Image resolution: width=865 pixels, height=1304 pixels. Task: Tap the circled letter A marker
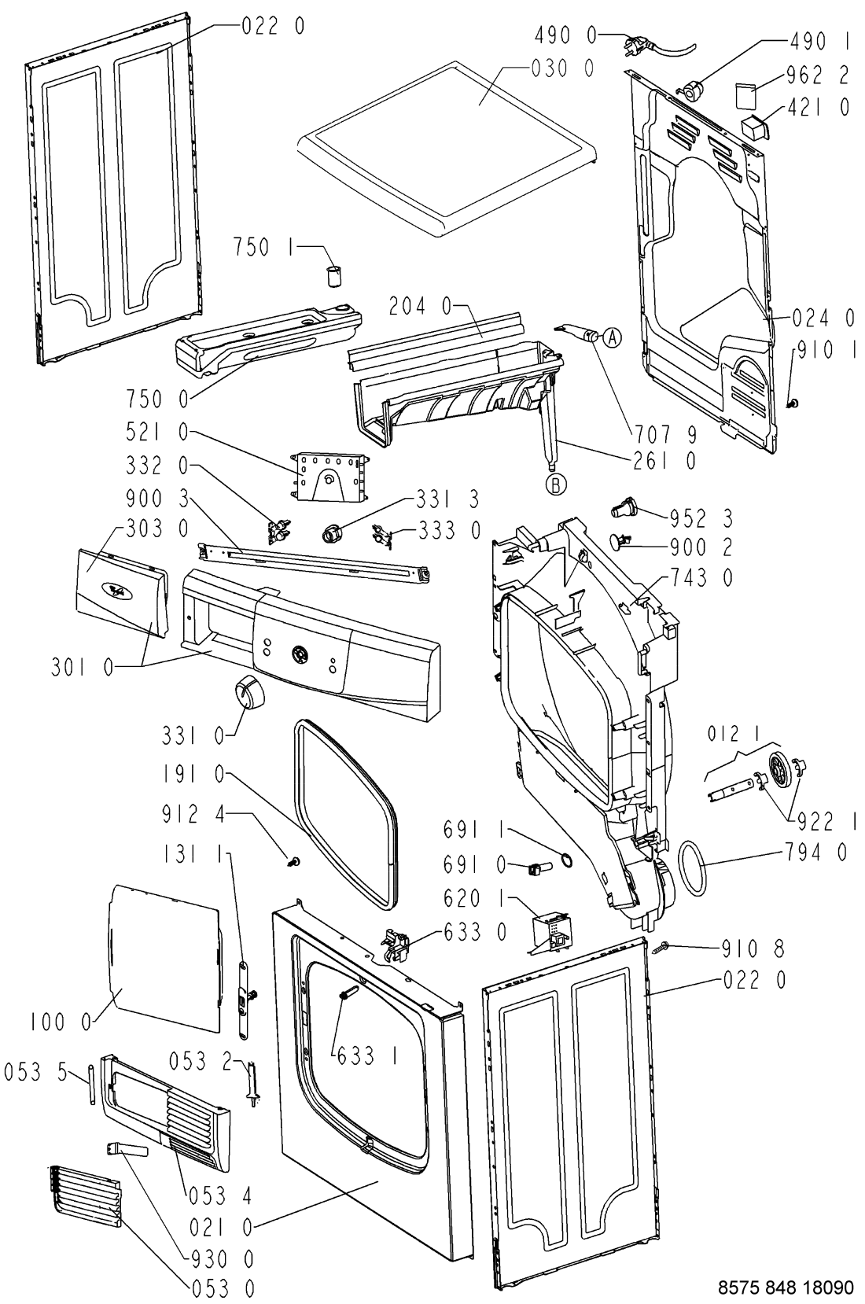[612, 337]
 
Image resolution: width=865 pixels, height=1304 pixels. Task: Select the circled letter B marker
[556, 485]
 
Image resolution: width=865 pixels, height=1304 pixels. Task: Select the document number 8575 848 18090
[786, 1287]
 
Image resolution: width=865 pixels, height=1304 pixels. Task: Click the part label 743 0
[701, 578]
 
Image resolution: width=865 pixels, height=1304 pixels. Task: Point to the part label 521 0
[156, 432]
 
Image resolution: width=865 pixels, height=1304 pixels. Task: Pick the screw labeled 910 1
[793, 403]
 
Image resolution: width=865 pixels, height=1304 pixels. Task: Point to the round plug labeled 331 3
[332, 532]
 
